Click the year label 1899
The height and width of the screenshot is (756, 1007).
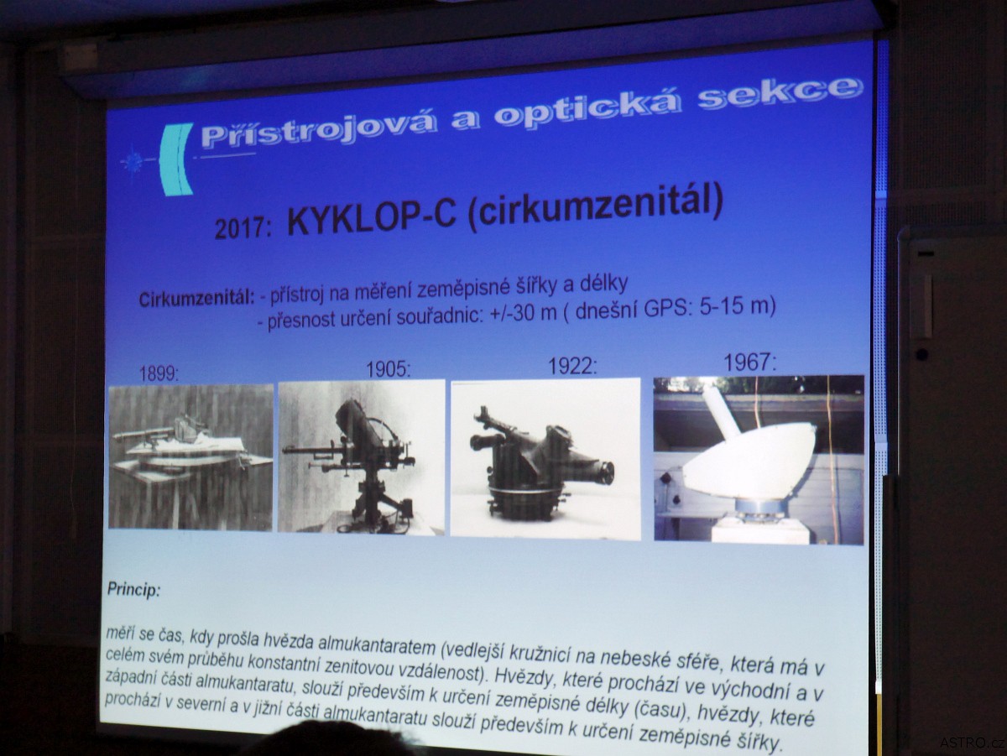(x=159, y=374)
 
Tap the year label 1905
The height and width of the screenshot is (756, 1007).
(x=389, y=369)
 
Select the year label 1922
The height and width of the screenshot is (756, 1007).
(x=573, y=366)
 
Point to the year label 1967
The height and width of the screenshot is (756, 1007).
(x=749, y=362)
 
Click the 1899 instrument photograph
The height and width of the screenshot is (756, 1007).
(x=190, y=457)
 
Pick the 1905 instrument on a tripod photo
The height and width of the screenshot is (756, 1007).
(x=362, y=456)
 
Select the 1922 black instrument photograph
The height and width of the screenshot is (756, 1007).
(x=545, y=457)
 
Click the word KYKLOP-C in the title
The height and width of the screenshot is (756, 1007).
(x=371, y=220)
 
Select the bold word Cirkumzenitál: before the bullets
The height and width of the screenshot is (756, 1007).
(x=196, y=300)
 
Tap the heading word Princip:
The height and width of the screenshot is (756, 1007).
(x=134, y=590)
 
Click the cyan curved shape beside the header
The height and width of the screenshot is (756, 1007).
(x=175, y=159)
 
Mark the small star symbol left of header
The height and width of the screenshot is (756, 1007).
(x=133, y=160)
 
